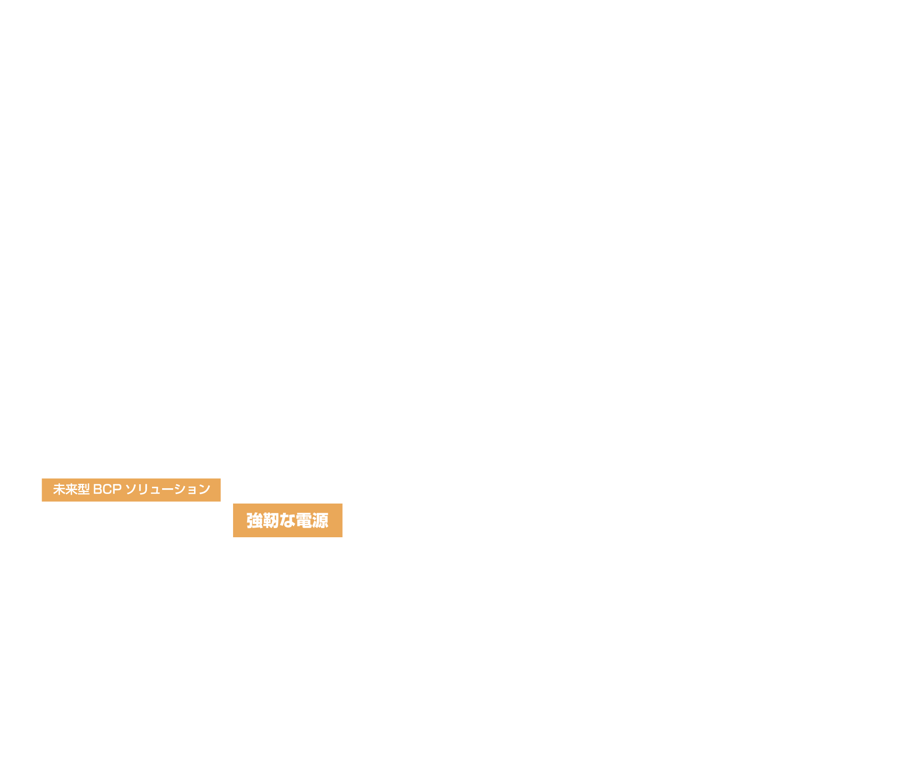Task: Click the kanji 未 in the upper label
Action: coord(59,489)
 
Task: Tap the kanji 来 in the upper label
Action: coord(71,489)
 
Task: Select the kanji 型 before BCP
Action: coord(84,489)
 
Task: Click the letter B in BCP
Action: coord(98,490)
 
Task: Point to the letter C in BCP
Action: coord(107,490)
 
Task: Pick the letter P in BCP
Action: coord(117,490)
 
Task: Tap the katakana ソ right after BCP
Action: coord(131,489)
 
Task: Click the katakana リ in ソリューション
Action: coord(143,490)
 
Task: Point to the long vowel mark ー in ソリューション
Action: coord(167,489)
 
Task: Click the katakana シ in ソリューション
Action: coord(180,489)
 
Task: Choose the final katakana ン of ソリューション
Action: coord(205,489)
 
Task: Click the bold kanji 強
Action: coord(255,521)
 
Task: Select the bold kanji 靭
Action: coord(271,521)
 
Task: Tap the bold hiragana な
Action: coord(287,521)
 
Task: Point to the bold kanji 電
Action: coord(304,521)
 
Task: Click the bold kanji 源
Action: coord(320,521)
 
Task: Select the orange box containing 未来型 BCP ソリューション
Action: coord(131,490)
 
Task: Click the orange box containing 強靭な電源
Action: coord(287,521)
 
